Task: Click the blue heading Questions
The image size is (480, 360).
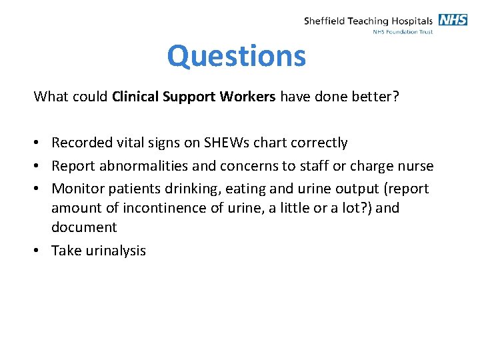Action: point(237,56)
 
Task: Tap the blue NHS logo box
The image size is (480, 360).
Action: point(453,19)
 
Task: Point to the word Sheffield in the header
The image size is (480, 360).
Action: point(325,21)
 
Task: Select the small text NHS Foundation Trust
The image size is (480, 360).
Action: point(403,31)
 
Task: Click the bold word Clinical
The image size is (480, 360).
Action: point(133,97)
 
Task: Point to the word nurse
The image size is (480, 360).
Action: point(413,166)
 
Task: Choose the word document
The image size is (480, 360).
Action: point(84,227)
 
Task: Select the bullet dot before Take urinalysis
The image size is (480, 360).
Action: point(39,251)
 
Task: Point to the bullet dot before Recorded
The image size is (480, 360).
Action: point(39,143)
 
